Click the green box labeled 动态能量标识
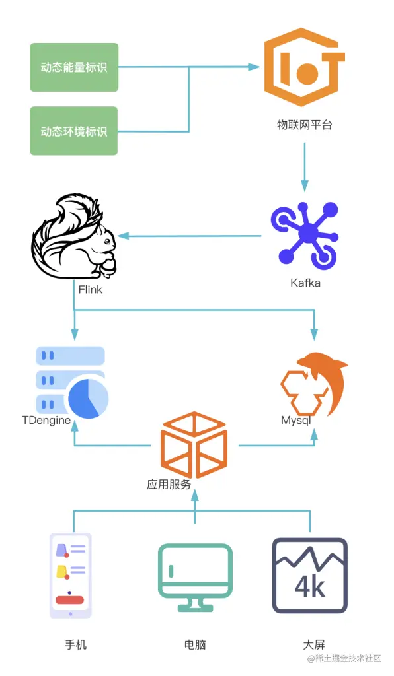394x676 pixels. [x=74, y=67]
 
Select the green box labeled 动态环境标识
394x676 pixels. [x=74, y=131]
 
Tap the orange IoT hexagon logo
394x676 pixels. [x=304, y=67]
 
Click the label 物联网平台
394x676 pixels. [x=304, y=124]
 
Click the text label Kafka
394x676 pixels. [x=305, y=283]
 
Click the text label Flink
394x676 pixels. [x=91, y=289]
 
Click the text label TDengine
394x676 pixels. [x=46, y=421]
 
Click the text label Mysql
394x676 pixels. [x=295, y=421]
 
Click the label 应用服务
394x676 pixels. [x=169, y=484]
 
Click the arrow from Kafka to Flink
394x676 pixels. [x=192, y=236]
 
